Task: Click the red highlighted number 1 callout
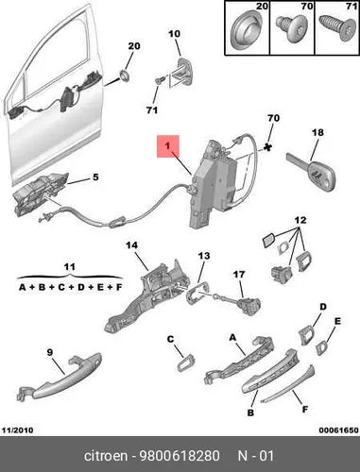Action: pos(168,146)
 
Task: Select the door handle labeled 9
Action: pos(59,377)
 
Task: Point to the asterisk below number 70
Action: pos(267,146)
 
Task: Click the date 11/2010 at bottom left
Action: pos(18,430)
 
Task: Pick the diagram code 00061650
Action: pos(338,430)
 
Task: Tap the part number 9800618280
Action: pos(180,456)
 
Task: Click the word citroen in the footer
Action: pos(106,456)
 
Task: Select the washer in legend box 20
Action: pos(247,31)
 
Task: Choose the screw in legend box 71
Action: pos(335,28)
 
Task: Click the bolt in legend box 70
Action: pos(291,27)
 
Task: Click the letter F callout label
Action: pos(304,409)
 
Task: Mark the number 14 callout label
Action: pos(132,245)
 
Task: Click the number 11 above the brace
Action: pos(69,267)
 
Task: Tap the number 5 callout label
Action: pos(95,177)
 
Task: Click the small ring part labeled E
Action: pos(322,348)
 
